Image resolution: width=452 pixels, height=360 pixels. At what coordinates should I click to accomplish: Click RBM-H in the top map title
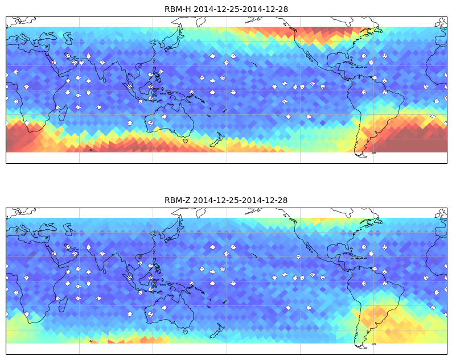coord(178,10)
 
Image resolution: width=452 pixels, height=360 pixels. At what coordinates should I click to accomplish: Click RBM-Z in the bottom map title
coord(177,200)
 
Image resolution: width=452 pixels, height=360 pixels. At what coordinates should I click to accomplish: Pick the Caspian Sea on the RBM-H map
coord(68,38)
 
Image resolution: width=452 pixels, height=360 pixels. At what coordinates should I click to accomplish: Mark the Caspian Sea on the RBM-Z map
coord(68,229)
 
